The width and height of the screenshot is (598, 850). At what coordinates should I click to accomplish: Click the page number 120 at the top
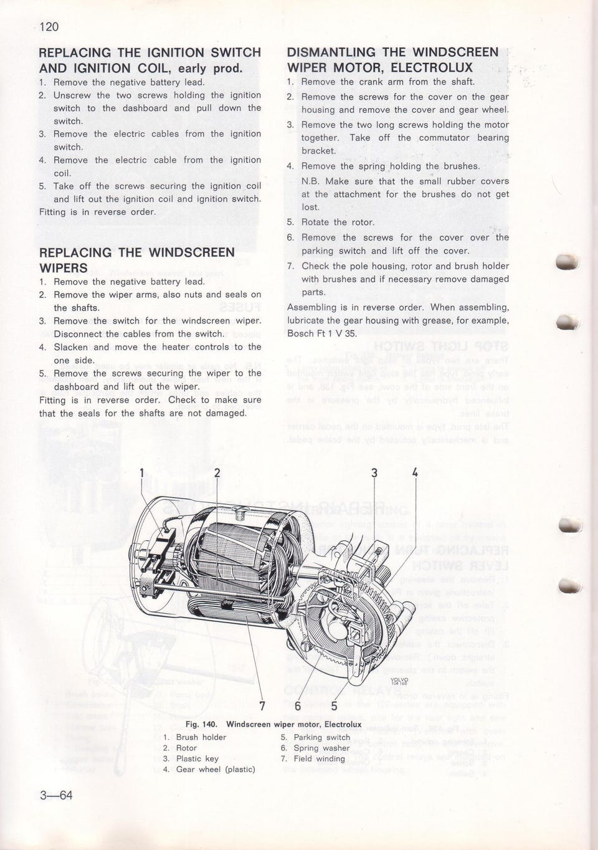tap(49, 26)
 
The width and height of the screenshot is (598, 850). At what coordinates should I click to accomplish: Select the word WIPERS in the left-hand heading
tap(64, 268)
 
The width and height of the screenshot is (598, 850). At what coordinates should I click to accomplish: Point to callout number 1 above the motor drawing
tap(141, 472)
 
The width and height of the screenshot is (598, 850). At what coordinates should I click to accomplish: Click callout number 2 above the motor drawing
tap(217, 472)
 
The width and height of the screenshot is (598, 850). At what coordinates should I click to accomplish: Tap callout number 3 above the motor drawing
tap(374, 472)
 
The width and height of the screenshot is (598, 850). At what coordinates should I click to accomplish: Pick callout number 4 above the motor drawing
tap(414, 472)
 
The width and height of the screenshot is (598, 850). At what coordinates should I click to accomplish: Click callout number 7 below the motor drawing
tap(262, 705)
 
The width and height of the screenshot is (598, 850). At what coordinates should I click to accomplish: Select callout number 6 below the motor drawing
tap(298, 705)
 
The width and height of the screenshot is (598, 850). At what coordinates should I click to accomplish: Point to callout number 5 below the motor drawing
tap(334, 705)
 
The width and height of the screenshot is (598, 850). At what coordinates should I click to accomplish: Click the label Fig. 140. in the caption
tap(201, 724)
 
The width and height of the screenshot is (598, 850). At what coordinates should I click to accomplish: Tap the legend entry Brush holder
tap(201, 737)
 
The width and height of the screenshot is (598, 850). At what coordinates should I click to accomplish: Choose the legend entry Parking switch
tap(321, 737)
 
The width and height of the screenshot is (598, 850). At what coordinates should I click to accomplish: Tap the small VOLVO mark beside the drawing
tap(399, 681)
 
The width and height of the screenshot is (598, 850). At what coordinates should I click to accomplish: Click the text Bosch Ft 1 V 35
tap(321, 333)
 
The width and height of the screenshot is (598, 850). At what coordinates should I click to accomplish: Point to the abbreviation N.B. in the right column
tap(310, 181)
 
